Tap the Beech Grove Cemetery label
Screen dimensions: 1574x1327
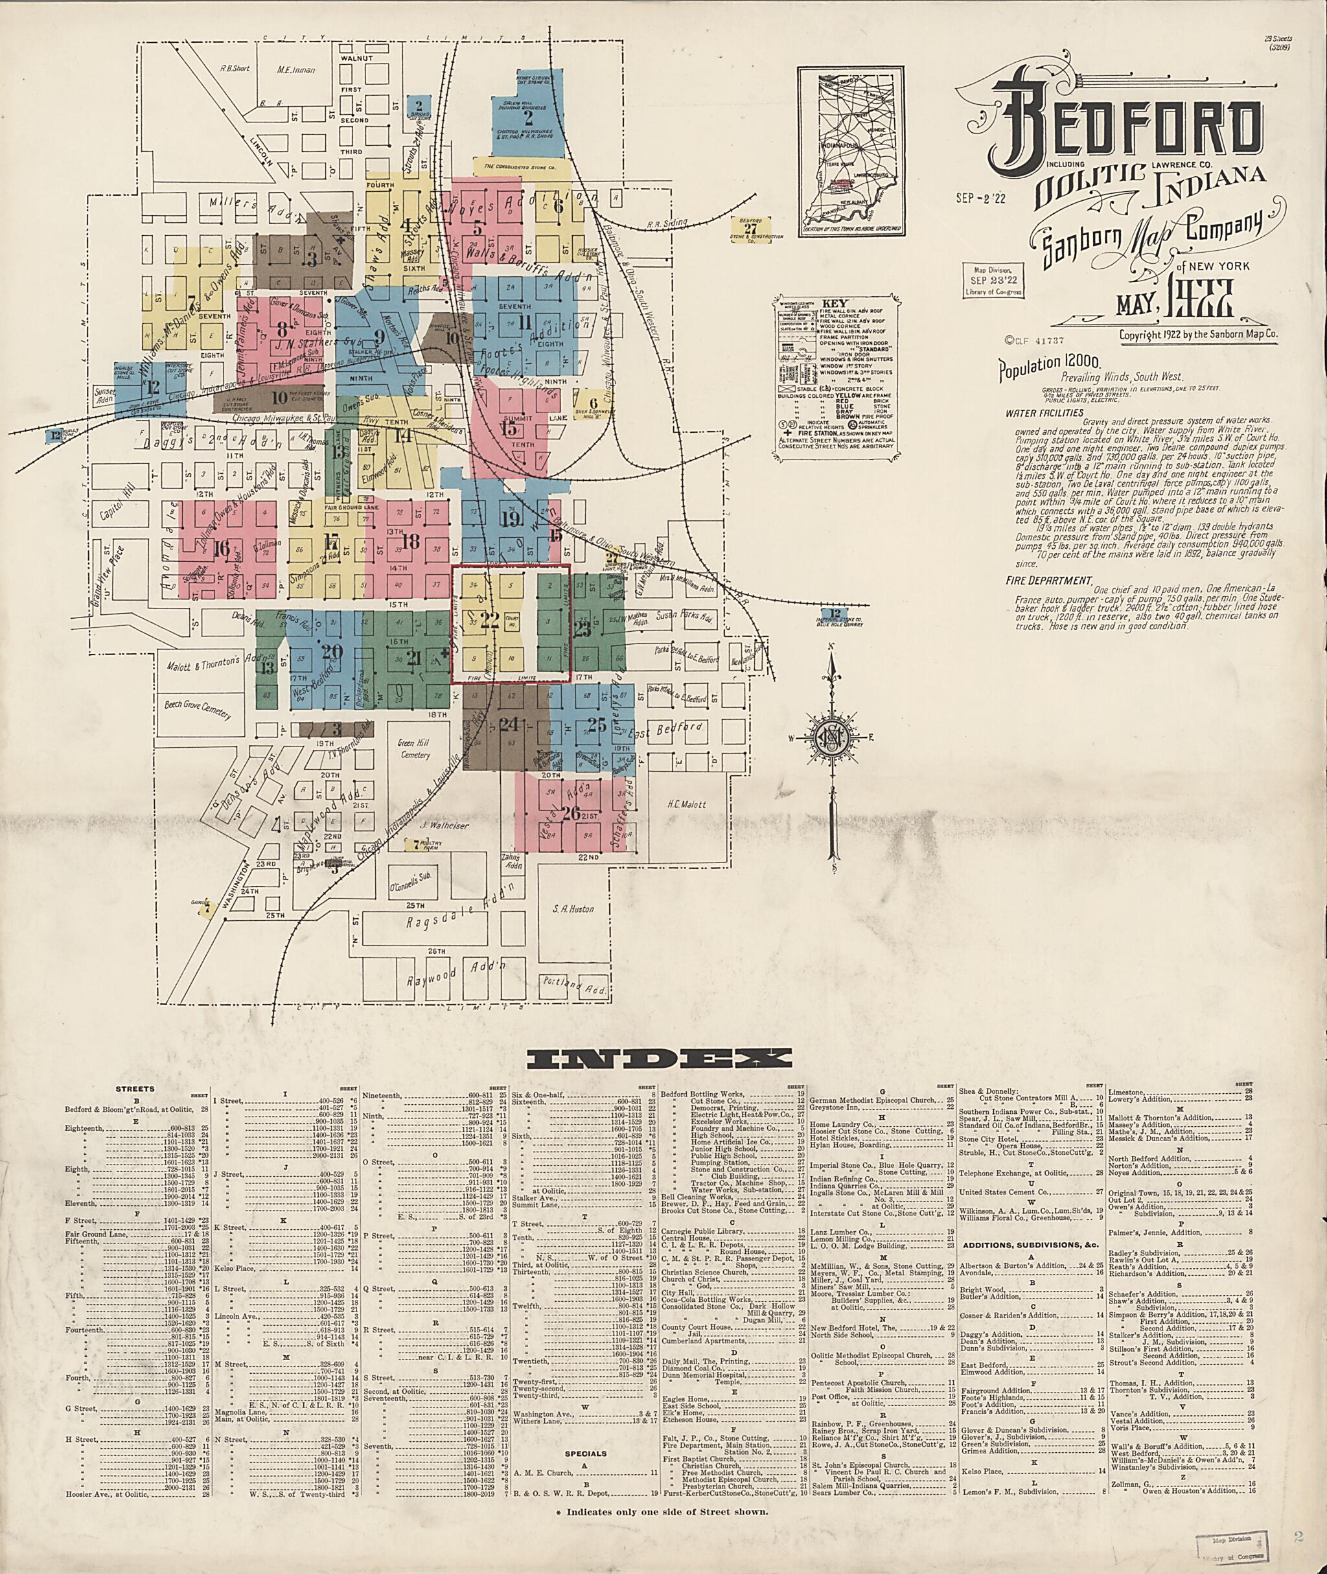point(198,708)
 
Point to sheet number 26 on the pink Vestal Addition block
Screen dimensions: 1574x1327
point(571,813)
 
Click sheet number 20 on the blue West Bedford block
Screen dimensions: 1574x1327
point(331,652)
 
